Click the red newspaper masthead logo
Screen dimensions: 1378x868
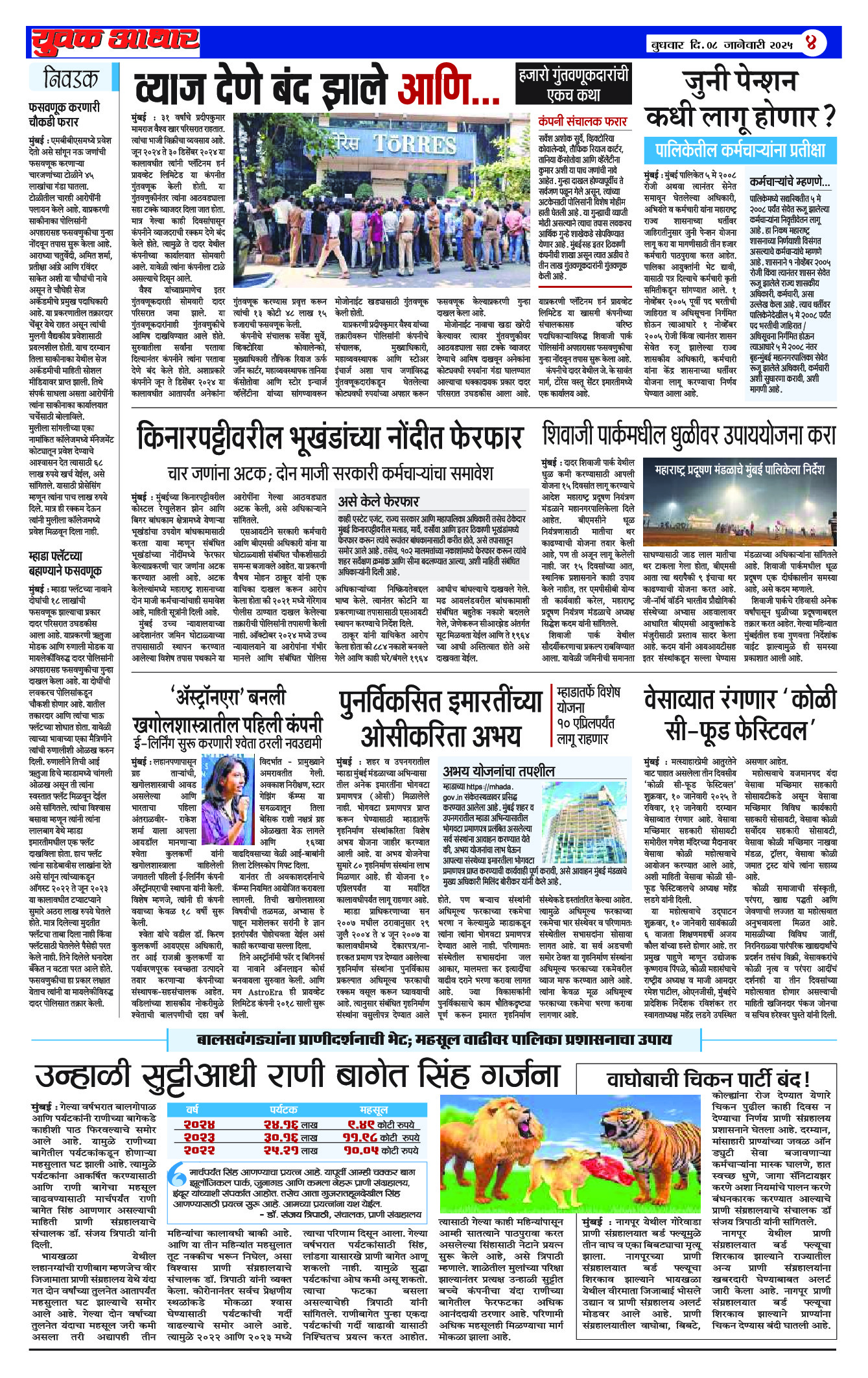point(115,41)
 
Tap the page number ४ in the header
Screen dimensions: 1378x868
point(811,44)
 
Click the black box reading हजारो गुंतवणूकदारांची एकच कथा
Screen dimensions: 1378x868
point(573,84)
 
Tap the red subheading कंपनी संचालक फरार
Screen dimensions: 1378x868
point(582,121)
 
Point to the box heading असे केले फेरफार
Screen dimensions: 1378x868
point(379,501)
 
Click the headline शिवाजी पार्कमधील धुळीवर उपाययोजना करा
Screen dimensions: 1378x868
point(688,435)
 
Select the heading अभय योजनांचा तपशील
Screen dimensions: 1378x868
point(499,771)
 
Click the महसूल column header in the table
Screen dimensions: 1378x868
point(373,1110)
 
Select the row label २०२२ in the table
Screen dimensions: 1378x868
point(199,1150)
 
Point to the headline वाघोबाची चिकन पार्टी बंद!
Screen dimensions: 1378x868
point(708,1079)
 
